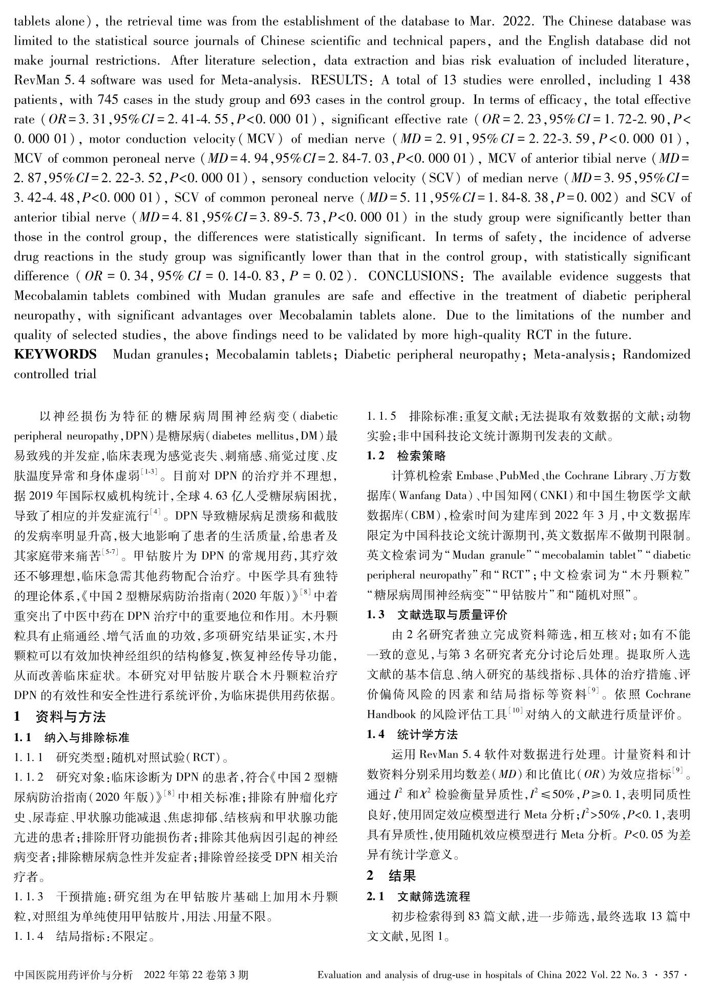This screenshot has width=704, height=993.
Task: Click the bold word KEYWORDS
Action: (55, 355)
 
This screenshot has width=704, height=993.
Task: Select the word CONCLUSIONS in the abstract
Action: (413, 276)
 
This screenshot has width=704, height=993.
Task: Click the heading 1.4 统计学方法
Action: (412, 735)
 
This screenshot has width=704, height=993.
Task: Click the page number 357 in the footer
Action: (671, 975)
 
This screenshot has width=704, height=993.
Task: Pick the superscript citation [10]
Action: (515, 711)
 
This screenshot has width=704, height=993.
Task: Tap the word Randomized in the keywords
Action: (656, 355)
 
